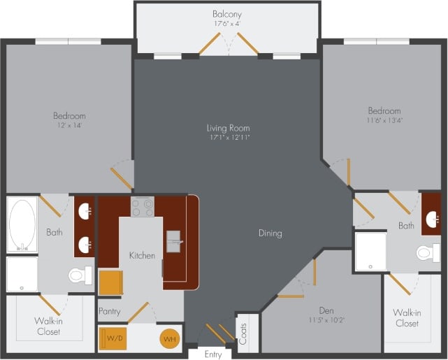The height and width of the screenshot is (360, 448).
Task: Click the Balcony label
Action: click(x=228, y=14)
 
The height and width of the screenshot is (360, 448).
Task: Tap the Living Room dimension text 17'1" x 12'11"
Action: click(x=228, y=138)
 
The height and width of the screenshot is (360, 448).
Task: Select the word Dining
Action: click(x=270, y=233)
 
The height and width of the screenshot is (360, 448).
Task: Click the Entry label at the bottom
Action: click(x=212, y=354)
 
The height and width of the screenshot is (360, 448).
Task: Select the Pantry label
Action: click(x=110, y=311)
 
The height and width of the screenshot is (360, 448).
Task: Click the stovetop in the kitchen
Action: click(x=143, y=207)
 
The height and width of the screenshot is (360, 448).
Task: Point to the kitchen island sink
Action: click(x=173, y=241)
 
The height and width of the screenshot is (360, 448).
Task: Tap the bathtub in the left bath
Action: click(x=22, y=224)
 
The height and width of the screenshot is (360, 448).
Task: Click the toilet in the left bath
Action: click(x=79, y=275)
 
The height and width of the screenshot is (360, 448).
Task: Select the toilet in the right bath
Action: click(x=428, y=252)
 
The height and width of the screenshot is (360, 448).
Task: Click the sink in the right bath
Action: click(x=431, y=219)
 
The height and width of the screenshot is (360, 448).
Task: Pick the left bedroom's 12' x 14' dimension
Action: click(x=69, y=125)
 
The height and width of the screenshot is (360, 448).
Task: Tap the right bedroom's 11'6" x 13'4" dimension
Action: click(x=384, y=120)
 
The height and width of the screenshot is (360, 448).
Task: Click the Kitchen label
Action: click(x=142, y=256)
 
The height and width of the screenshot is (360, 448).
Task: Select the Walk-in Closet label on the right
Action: click(x=407, y=319)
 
